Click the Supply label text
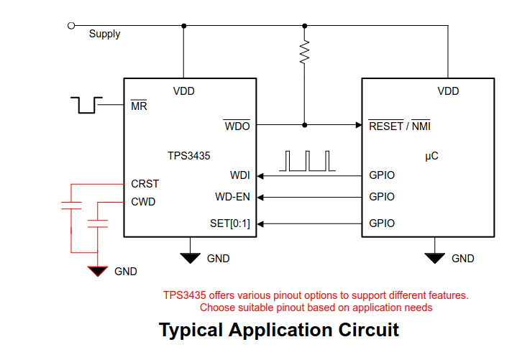pyautogui.click(x=104, y=34)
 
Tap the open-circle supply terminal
pyautogui.click(x=70, y=26)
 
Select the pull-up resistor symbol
pyautogui.click(x=305, y=50)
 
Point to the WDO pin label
pyautogui.click(x=237, y=126)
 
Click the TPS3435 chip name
pyautogui.click(x=189, y=155)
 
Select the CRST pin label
pyautogui.click(x=145, y=184)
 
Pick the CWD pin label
pyautogui.click(x=143, y=202)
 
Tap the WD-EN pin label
pyautogui.click(x=232, y=197)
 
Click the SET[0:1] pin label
pyautogui.click(x=229, y=223)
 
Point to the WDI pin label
pyautogui.click(x=239, y=175)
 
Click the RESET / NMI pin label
pyautogui.click(x=399, y=126)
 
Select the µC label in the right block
pyautogui.click(x=431, y=155)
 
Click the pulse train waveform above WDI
pyautogui.click(x=308, y=161)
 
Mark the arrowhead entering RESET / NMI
pyautogui.click(x=357, y=125)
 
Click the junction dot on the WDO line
pyautogui.click(x=305, y=125)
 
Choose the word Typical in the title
pyautogui.click(x=191, y=331)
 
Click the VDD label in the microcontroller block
pyautogui.click(x=448, y=91)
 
